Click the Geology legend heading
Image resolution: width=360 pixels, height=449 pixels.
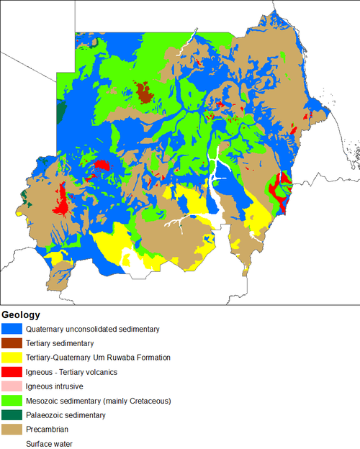[x=21, y=315]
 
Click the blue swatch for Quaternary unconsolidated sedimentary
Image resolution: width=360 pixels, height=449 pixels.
[x=12, y=329]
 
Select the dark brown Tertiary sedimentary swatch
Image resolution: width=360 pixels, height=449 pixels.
[x=12, y=343]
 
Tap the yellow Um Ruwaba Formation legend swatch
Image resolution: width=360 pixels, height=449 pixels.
[x=12, y=358]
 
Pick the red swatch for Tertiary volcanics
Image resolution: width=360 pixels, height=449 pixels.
[x=12, y=372]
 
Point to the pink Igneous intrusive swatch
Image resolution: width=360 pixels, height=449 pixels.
[x=12, y=386]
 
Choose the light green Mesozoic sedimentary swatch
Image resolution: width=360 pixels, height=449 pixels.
[x=12, y=401]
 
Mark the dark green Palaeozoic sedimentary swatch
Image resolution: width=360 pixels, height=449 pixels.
[x=12, y=415]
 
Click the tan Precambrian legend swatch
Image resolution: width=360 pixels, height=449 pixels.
[x=12, y=430]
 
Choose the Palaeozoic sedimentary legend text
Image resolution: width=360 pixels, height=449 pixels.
[x=66, y=415]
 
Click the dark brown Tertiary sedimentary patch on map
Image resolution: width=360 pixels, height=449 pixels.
[x=144, y=93]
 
